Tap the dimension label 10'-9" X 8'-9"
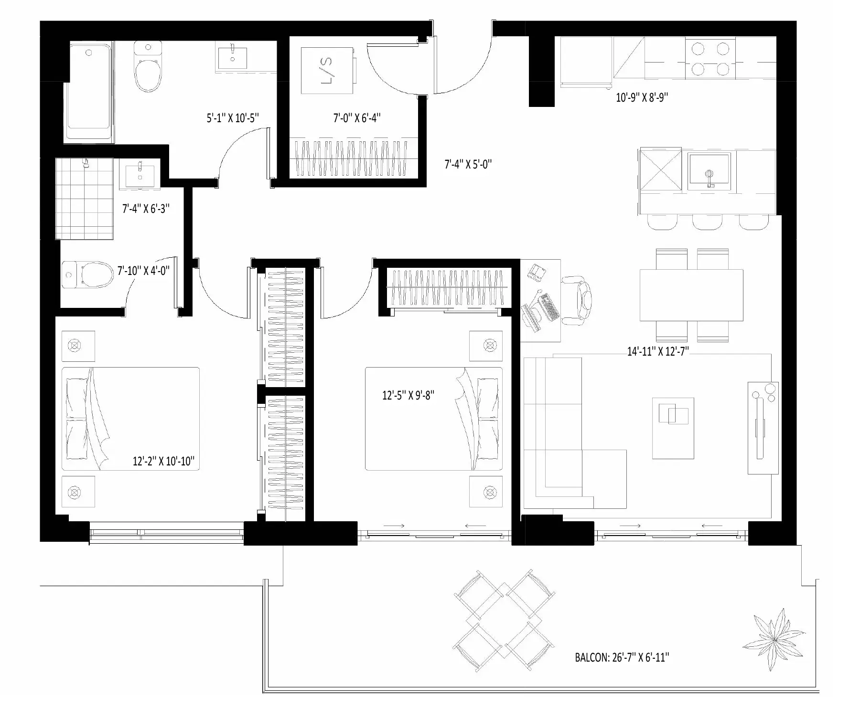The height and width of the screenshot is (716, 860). (x=642, y=97)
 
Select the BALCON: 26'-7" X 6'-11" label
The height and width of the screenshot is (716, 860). (x=622, y=657)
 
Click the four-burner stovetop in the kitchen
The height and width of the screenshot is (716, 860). (x=710, y=58)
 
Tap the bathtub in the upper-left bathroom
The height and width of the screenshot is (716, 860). (x=90, y=92)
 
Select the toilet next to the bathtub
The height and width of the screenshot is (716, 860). (x=148, y=66)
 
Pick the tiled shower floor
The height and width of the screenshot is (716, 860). (x=84, y=199)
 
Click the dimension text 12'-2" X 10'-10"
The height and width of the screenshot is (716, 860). (x=164, y=461)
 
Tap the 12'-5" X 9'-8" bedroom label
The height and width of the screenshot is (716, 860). (x=408, y=395)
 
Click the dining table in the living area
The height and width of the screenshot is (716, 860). (x=691, y=295)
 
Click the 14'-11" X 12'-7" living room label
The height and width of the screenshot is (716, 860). (x=658, y=352)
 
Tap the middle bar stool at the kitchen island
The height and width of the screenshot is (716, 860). (x=707, y=222)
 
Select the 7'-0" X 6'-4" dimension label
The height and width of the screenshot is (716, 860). (x=357, y=118)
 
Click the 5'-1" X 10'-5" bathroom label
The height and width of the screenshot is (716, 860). (x=233, y=118)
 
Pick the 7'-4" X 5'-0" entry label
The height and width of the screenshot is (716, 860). (x=468, y=165)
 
